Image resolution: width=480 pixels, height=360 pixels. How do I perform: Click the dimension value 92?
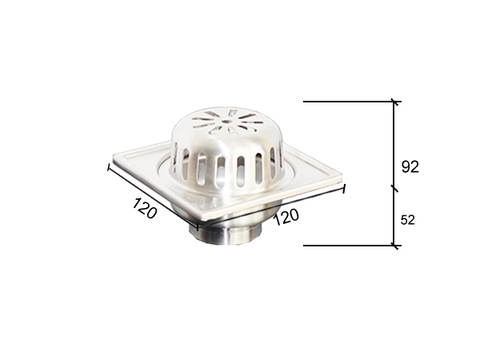click(410, 166)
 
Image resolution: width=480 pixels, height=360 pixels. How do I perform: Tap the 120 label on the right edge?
click(286, 213)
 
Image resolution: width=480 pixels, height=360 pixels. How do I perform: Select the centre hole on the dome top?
click(226, 126)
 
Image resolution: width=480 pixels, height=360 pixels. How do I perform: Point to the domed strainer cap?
click(226, 150)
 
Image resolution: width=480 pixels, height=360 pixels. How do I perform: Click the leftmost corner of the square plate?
click(113, 158)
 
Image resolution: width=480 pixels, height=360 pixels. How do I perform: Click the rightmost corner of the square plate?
click(340, 182)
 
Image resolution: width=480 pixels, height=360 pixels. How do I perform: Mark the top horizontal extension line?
click(350, 101)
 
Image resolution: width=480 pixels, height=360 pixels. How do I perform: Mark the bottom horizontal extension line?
click(350, 245)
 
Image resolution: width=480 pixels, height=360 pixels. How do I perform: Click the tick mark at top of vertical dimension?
click(395, 101)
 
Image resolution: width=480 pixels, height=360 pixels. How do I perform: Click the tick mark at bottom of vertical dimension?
click(395, 245)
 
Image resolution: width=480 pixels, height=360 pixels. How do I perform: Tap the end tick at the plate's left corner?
click(108, 165)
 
